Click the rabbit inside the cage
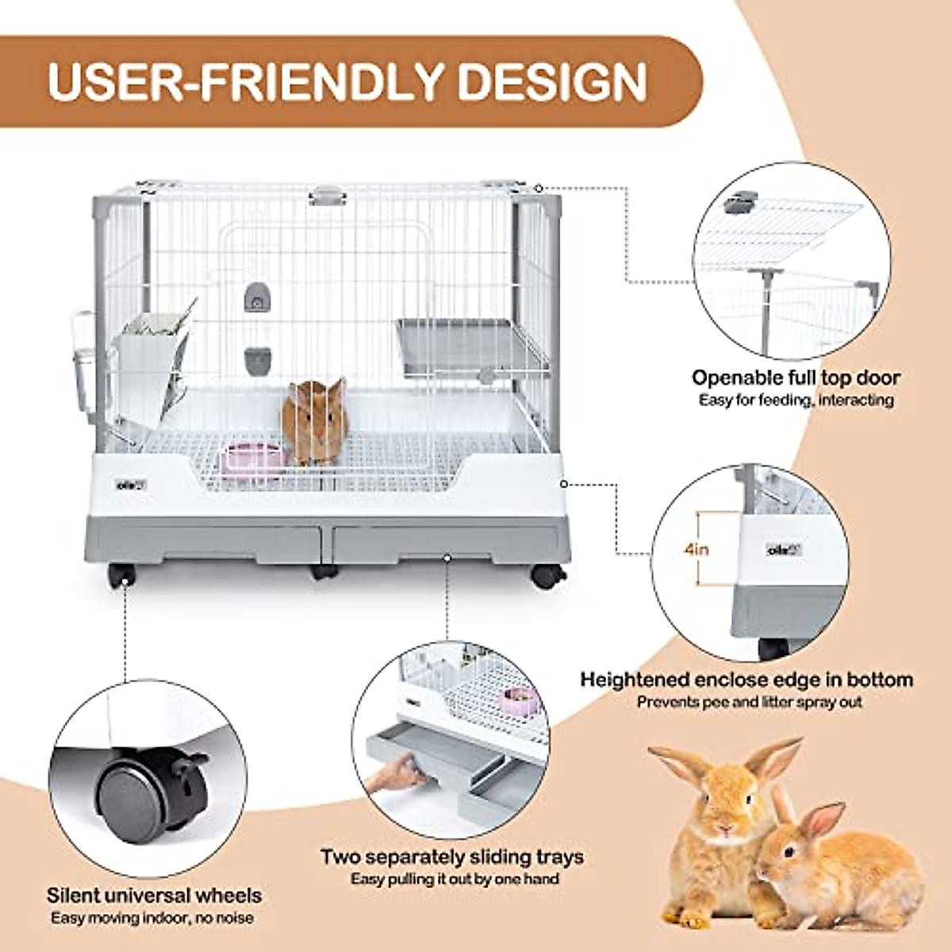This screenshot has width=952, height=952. [314, 420]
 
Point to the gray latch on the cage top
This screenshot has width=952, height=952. [328, 194]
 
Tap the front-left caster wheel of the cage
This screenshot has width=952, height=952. [121, 575]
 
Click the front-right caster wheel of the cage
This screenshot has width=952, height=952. [544, 575]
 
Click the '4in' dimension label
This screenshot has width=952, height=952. [698, 549]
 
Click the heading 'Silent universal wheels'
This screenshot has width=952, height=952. [154, 896]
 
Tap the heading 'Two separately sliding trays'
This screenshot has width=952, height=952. [452, 857]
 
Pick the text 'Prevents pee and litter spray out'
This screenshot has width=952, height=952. [749, 702]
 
